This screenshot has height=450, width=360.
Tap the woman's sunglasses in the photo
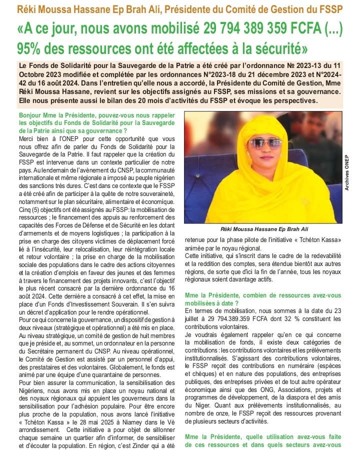coord(264,143)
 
